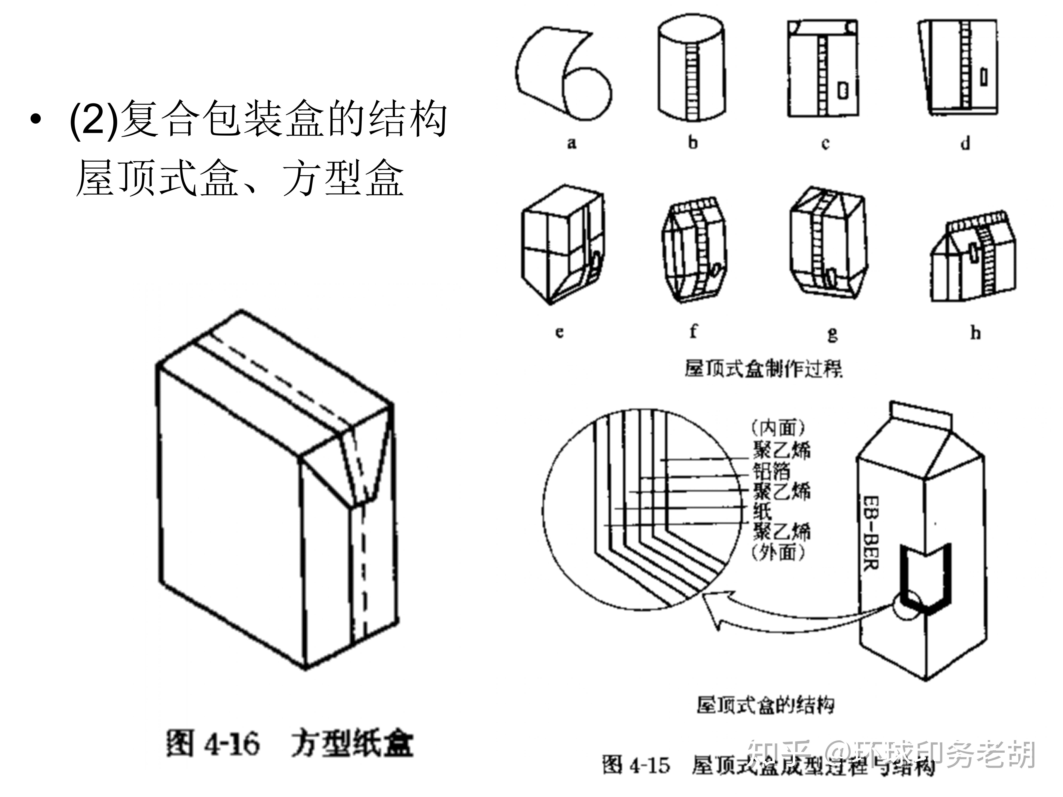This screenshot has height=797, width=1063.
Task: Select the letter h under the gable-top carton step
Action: tap(975, 332)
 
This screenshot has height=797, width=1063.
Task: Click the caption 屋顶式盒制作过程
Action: tap(763, 369)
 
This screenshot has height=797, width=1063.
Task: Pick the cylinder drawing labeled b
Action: tap(691, 70)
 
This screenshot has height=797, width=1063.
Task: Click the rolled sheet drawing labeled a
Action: tap(562, 72)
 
